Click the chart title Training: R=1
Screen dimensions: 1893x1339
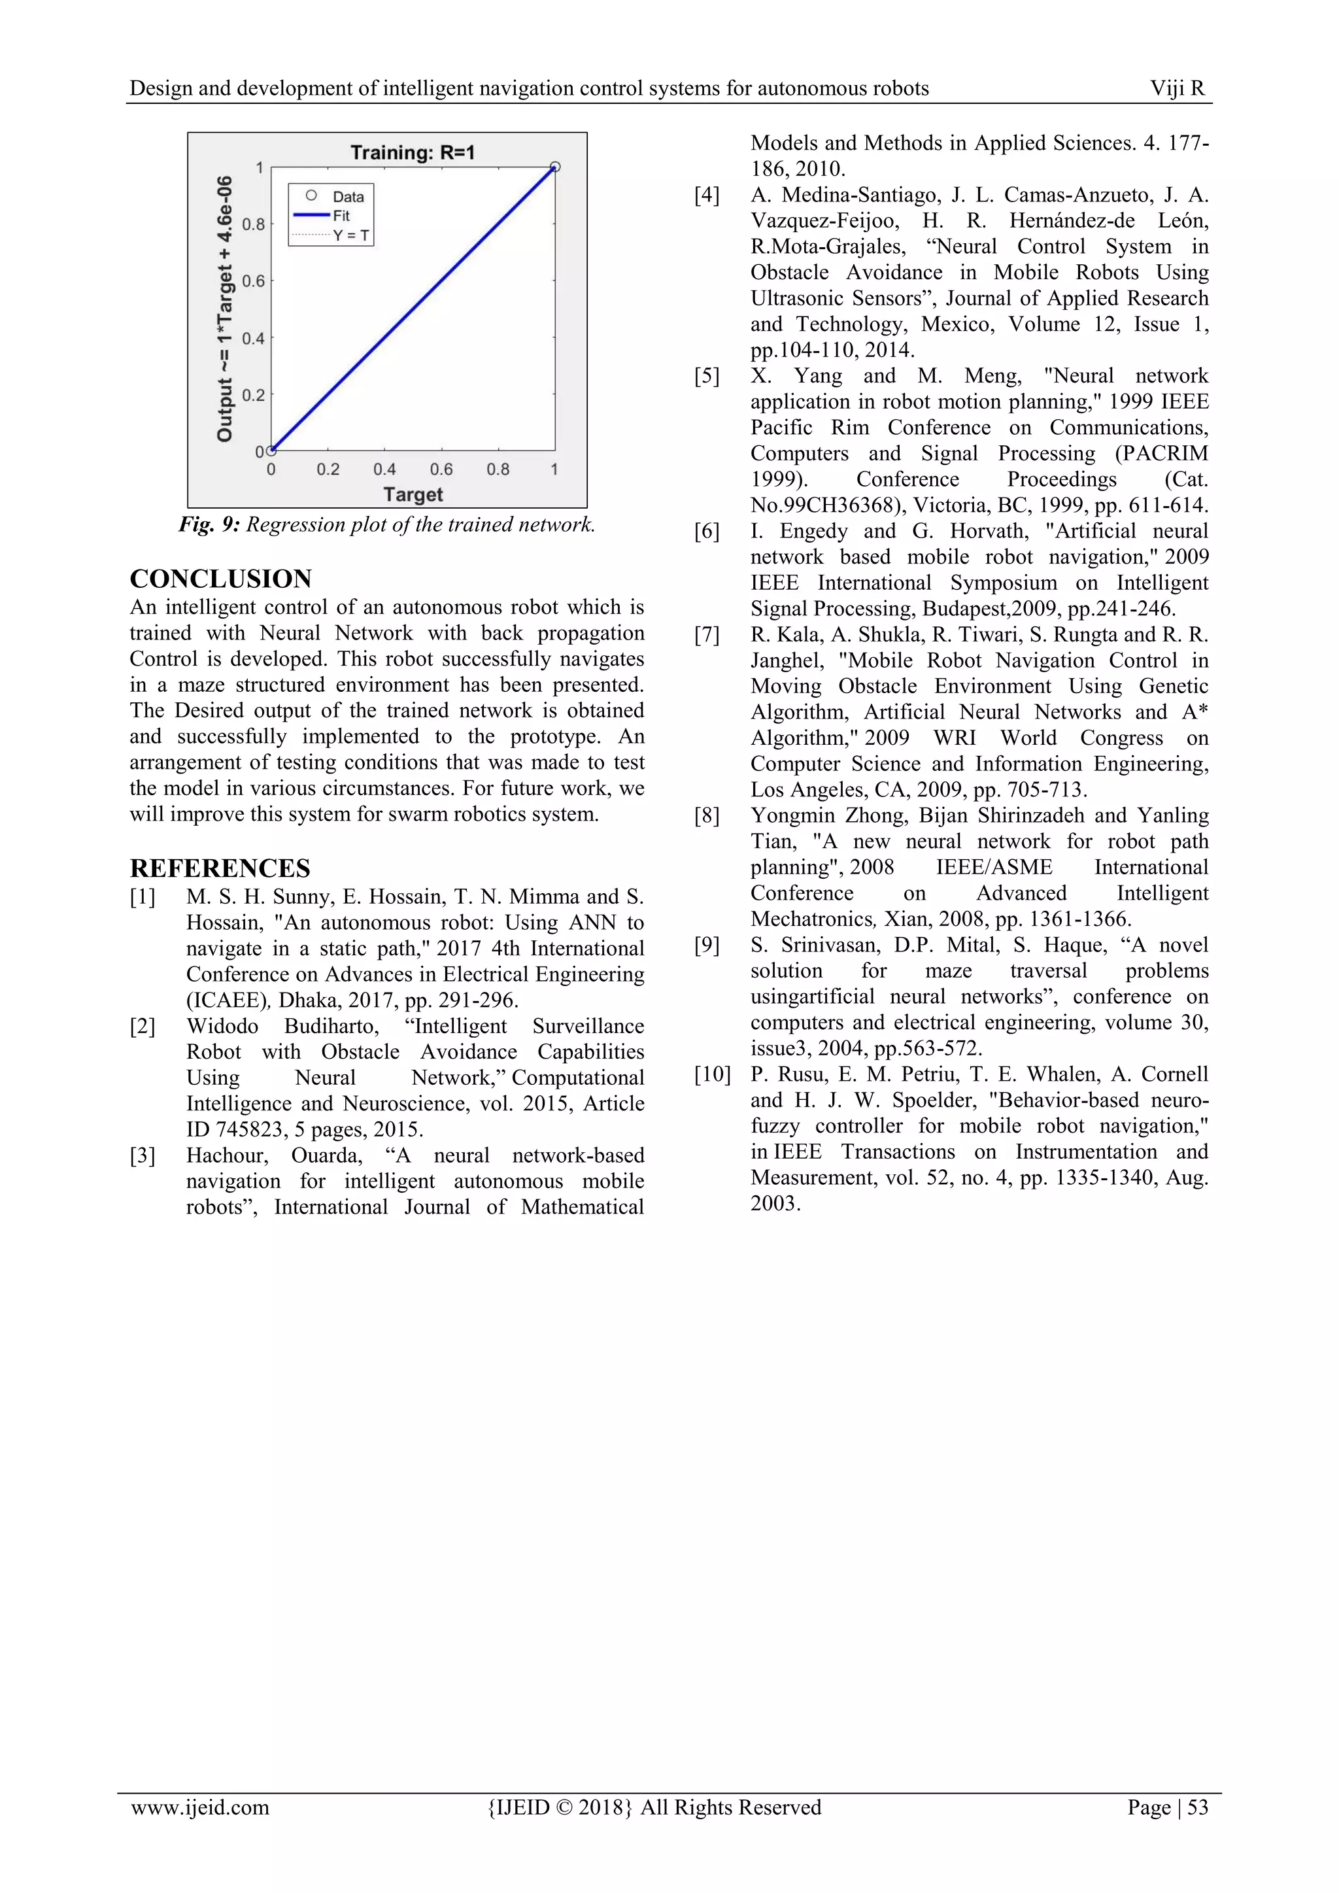pyautogui.click(x=413, y=152)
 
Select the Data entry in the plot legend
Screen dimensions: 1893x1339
pyautogui.click(x=347, y=196)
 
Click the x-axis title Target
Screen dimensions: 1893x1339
pyautogui.click(x=413, y=495)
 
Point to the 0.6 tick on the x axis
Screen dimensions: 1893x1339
pyautogui.click(x=441, y=469)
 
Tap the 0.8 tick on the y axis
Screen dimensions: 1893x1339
pyautogui.click(x=253, y=224)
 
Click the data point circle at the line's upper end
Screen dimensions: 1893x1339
pyautogui.click(x=555, y=167)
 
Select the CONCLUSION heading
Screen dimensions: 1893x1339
pyautogui.click(x=221, y=579)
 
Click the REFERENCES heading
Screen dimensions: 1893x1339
pyautogui.click(x=220, y=868)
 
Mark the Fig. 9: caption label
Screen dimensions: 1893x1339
pyautogui.click(x=209, y=525)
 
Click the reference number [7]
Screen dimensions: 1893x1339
pyautogui.click(x=707, y=635)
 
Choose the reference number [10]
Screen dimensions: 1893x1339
pyautogui.click(x=711, y=1074)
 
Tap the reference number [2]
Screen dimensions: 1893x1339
pyautogui.click(x=142, y=1027)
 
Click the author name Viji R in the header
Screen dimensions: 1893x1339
pyautogui.click(x=1178, y=88)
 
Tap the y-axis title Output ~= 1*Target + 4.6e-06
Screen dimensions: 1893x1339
pyautogui.click(x=224, y=309)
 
